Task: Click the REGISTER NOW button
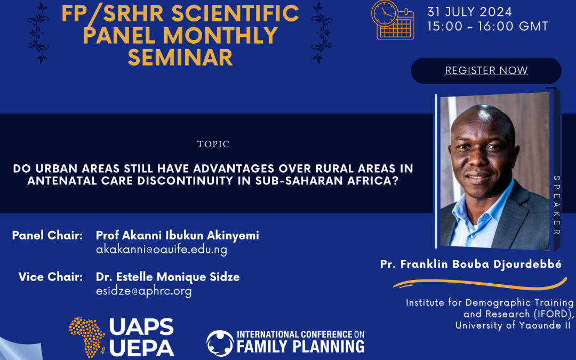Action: click(486, 70)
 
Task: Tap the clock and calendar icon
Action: click(393, 20)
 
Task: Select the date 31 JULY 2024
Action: click(469, 12)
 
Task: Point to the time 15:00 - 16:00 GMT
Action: click(487, 26)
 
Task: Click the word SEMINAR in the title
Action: click(180, 57)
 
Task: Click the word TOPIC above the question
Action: click(213, 144)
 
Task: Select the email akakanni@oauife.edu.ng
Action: click(162, 250)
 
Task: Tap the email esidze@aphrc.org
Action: click(143, 291)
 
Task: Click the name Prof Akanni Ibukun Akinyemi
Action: click(178, 235)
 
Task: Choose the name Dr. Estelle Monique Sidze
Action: click(168, 277)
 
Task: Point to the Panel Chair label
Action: click(47, 235)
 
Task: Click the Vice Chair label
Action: click(51, 277)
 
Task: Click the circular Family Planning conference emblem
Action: click(220, 343)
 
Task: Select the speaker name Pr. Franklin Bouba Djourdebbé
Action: click(471, 264)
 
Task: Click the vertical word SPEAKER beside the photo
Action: click(557, 205)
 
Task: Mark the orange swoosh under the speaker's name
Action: click(480, 283)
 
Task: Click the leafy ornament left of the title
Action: click(38, 33)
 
